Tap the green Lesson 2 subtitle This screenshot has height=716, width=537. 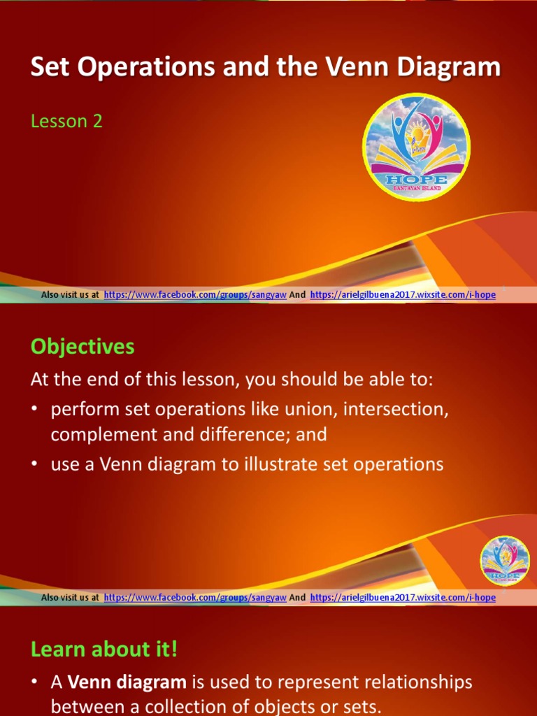66,121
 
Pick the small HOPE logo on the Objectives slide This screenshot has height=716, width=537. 504,561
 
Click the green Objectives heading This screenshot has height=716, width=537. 83,346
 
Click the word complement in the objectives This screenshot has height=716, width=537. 103,434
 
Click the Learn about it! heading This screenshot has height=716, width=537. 104,649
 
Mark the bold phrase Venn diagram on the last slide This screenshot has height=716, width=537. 127,682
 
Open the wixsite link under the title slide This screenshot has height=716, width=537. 402,295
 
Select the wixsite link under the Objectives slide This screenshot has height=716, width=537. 402,597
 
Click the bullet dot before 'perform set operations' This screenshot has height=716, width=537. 35,410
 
